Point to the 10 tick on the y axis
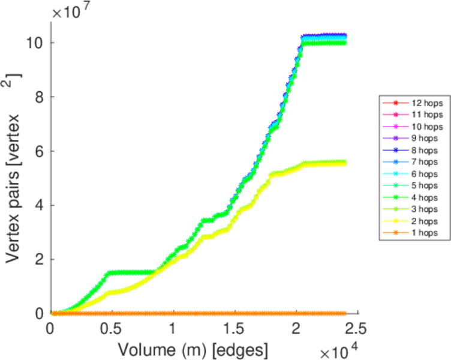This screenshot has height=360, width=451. coord(35,43)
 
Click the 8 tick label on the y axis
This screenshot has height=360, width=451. coord(39,97)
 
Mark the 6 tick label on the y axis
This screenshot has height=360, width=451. coord(39,151)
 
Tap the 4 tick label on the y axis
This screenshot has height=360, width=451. coord(39,205)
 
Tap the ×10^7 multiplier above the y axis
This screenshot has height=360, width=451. coord(73,11)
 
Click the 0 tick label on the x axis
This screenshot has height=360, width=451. coord(50,329)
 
